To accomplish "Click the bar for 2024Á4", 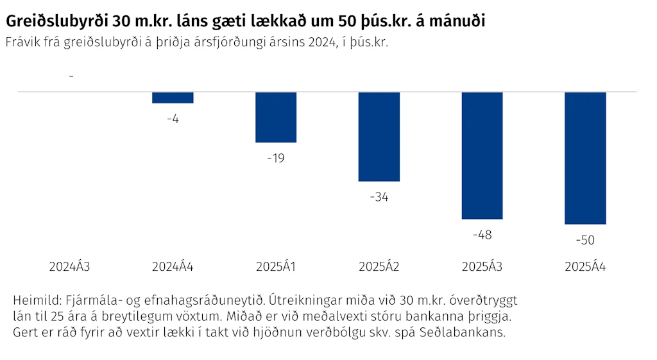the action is pos(173,98).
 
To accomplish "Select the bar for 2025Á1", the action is pos(276,117).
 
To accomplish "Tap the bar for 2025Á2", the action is pos(379,137).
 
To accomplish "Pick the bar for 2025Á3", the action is pos(482,155).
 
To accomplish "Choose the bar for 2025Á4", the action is pos(585,159).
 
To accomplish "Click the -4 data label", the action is pos(173,119).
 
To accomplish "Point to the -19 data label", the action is pos(276,159).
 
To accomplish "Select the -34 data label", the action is pos(379,197).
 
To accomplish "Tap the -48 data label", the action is pos(482,235).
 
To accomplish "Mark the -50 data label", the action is pos(585,240).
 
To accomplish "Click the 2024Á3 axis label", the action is pos(69,266).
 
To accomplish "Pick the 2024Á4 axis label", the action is pos(173,266).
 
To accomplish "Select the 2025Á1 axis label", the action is pos(276,266).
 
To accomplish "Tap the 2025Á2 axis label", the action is pos(379,266).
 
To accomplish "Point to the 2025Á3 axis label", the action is pos(482,266).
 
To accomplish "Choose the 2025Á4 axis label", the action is pos(585,266).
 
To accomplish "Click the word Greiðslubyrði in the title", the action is pos(57,21).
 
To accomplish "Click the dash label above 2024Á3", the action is pos(71,77).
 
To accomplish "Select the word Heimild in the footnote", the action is pos(37,300).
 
